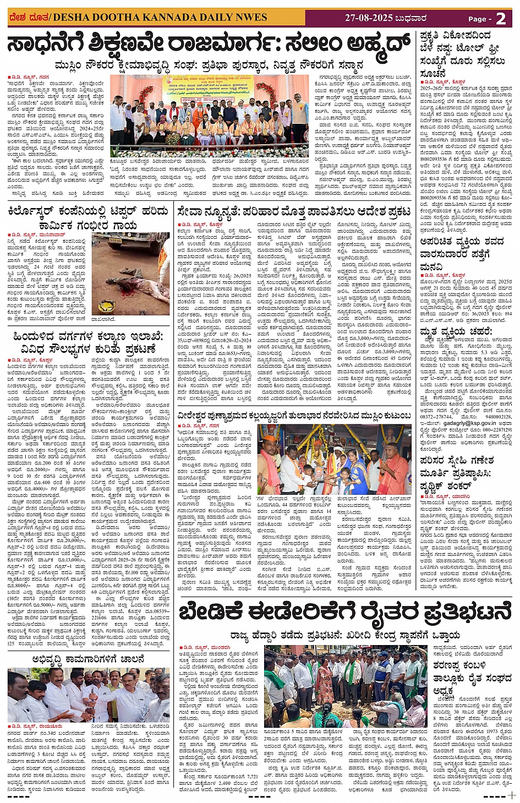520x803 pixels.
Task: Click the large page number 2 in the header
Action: tap(500, 18)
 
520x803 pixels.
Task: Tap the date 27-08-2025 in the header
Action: tap(369, 18)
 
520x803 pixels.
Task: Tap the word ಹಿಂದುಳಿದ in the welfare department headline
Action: tap(31, 336)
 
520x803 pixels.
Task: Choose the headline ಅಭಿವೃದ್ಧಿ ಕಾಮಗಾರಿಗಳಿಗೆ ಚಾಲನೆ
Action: tap(88, 658)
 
